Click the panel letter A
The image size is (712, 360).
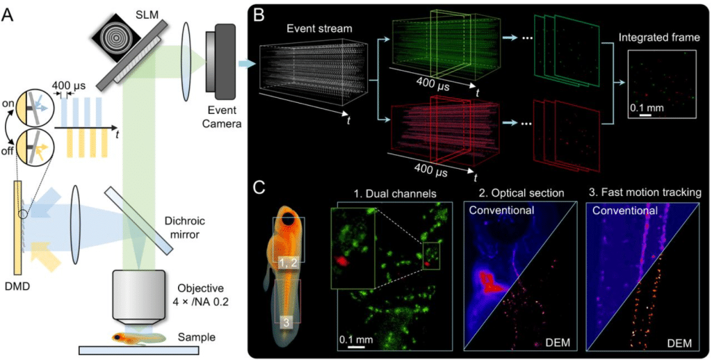click(8, 12)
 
